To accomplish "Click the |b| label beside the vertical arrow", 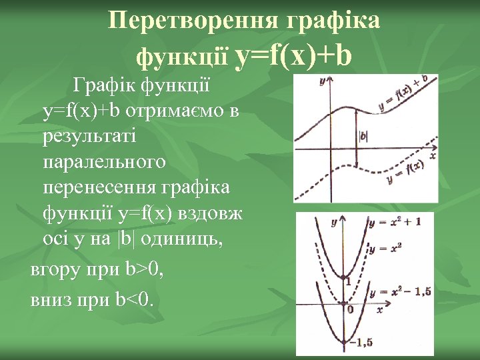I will pyautogui.click(x=364, y=136).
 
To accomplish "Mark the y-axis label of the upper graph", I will pyautogui.click(x=323, y=81).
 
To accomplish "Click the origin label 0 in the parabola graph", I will pyautogui.click(x=349, y=309).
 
